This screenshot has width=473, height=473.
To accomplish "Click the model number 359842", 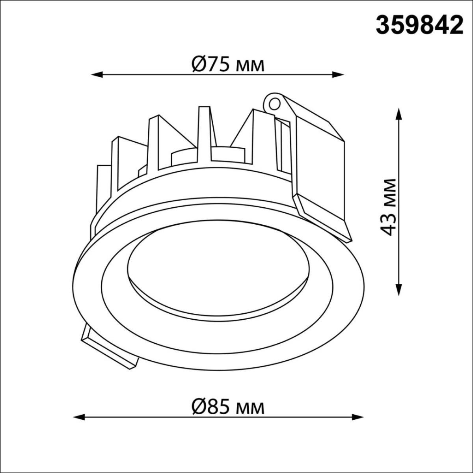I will point(419,25).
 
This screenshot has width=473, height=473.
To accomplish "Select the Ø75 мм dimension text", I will point(228,64).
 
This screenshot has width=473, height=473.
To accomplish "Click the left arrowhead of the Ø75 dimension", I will point(97,74).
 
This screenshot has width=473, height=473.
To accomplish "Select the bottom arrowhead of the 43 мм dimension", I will point(399,289).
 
